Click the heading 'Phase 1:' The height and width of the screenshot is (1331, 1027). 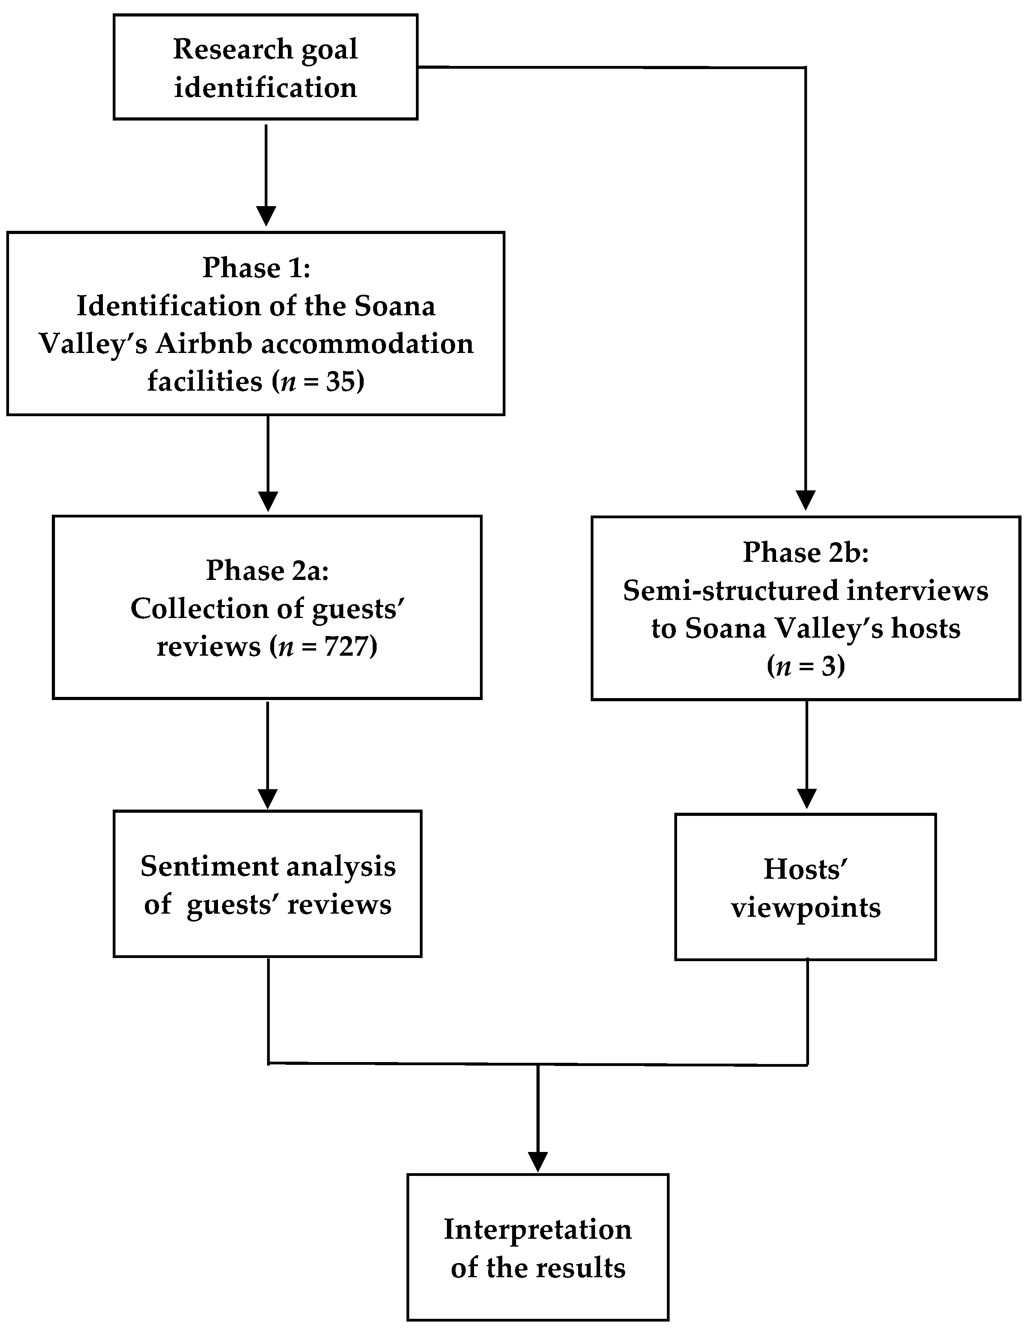click(256, 267)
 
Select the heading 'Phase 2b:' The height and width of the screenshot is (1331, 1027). click(805, 552)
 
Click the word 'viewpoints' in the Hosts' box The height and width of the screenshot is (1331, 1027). click(805, 907)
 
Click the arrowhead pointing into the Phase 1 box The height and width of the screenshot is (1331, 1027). click(266, 216)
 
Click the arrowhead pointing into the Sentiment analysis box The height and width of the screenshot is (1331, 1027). click(267, 798)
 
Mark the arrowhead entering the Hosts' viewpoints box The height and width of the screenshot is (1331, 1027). click(806, 798)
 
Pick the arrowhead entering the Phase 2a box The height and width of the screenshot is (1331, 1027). click(267, 501)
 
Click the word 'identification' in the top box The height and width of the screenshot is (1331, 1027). click(265, 88)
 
